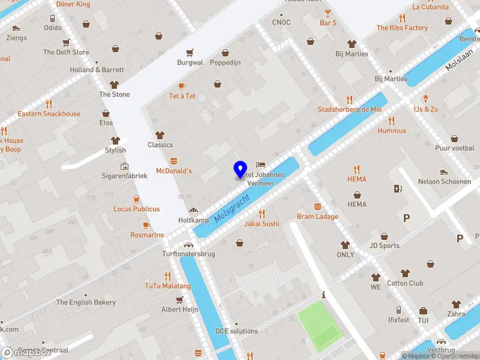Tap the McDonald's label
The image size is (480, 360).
[174, 171]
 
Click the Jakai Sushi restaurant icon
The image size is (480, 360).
[262, 213]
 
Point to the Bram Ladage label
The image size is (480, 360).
[317, 217]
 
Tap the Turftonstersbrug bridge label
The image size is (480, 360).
[188, 254]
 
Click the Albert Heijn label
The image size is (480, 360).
[179, 310]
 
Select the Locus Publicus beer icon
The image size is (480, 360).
[137, 199]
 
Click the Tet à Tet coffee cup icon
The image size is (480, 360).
[182, 86]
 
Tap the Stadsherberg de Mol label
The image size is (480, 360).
[349, 110]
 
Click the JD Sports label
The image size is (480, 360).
[385, 245]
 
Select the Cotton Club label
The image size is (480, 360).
[405, 283]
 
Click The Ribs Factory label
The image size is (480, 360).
[402, 28]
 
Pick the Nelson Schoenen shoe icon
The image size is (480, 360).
[444, 172]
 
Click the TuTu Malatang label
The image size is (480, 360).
[167, 286]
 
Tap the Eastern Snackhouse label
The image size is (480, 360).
[49, 114]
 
